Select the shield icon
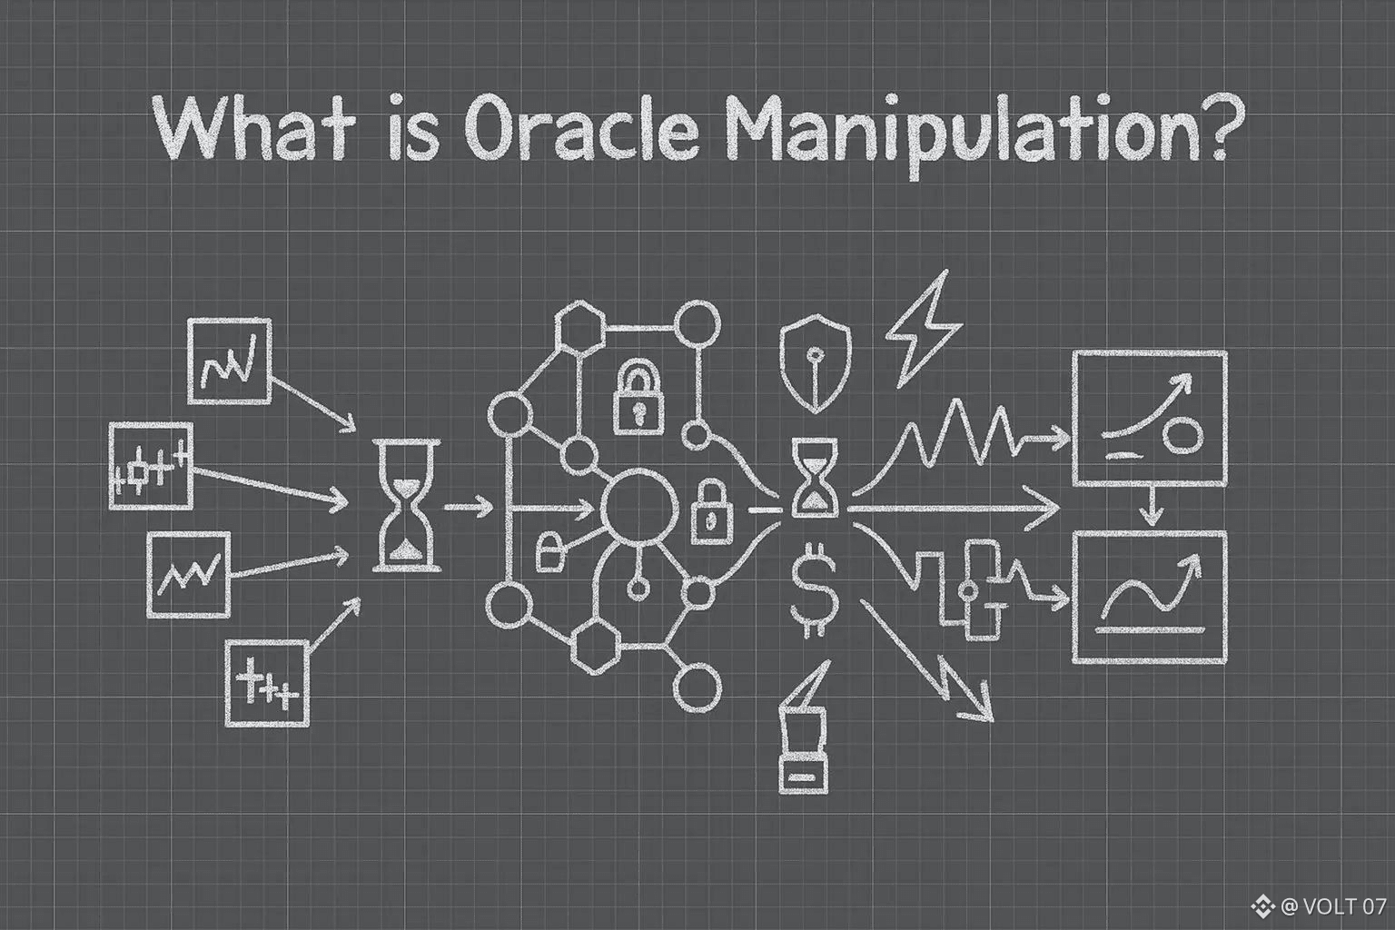(816, 364)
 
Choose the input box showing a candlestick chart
(151, 465)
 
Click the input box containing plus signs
(267, 683)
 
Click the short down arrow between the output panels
(1152, 506)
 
